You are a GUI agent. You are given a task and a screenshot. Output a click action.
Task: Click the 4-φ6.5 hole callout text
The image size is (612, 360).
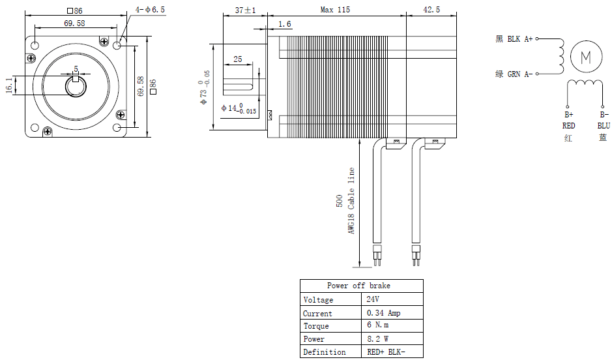coord(151,10)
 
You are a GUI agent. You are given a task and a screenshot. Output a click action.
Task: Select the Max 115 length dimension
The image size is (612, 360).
coord(335,10)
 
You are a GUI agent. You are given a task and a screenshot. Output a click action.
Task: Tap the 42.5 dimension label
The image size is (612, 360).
coord(431,10)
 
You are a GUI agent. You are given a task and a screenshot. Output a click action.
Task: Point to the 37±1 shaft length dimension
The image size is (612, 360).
coord(245,10)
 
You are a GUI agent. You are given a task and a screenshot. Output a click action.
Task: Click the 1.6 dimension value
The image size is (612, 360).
coord(285,24)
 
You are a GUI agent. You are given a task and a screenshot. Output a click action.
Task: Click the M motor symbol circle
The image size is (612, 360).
coord(585,57)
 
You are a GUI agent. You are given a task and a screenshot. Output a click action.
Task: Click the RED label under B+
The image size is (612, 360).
coord(568,125)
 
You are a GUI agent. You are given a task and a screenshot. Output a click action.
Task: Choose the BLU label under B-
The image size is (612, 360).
coord(604,125)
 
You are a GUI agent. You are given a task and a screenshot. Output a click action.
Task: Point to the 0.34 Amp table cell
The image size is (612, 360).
coord(384,313)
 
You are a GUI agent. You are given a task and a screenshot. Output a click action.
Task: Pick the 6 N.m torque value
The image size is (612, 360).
coord(378,326)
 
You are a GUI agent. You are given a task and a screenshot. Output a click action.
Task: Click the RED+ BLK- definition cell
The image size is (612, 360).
coord(386,352)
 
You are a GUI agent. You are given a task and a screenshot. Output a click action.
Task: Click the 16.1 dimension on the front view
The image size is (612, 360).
coord(9,86)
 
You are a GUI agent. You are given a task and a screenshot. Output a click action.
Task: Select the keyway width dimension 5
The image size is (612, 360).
coord(76,68)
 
